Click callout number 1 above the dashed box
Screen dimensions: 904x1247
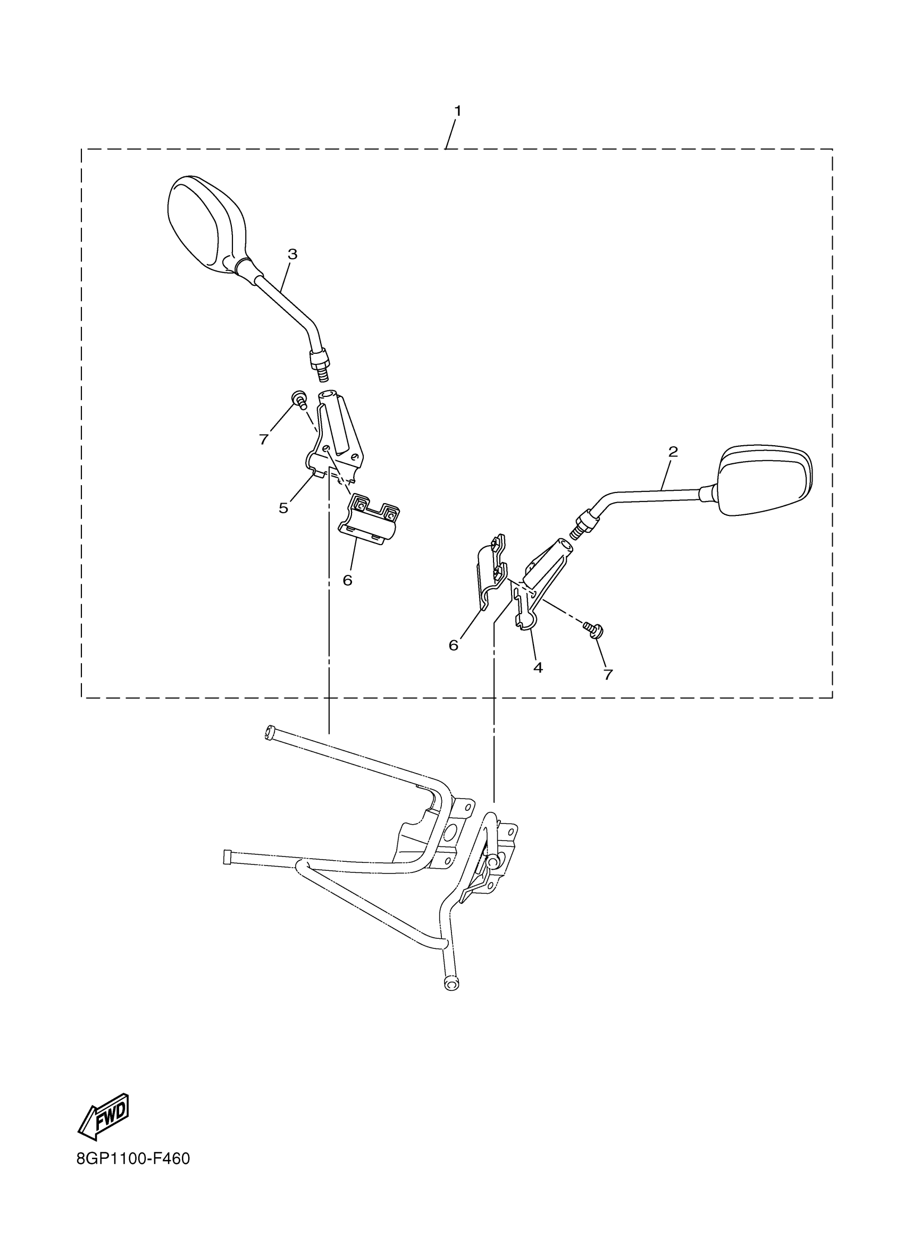[457, 111]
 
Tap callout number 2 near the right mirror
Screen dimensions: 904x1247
[673, 452]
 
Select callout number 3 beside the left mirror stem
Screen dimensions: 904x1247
[292, 254]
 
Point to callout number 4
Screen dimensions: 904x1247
[538, 667]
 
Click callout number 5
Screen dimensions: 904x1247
[283, 507]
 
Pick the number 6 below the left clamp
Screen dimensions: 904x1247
[347, 580]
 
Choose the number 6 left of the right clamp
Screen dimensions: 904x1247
[454, 646]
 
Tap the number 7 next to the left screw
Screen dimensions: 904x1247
[264, 440]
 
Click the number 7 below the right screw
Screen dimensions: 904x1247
[607, 675]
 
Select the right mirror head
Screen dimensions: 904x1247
[765, 480]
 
